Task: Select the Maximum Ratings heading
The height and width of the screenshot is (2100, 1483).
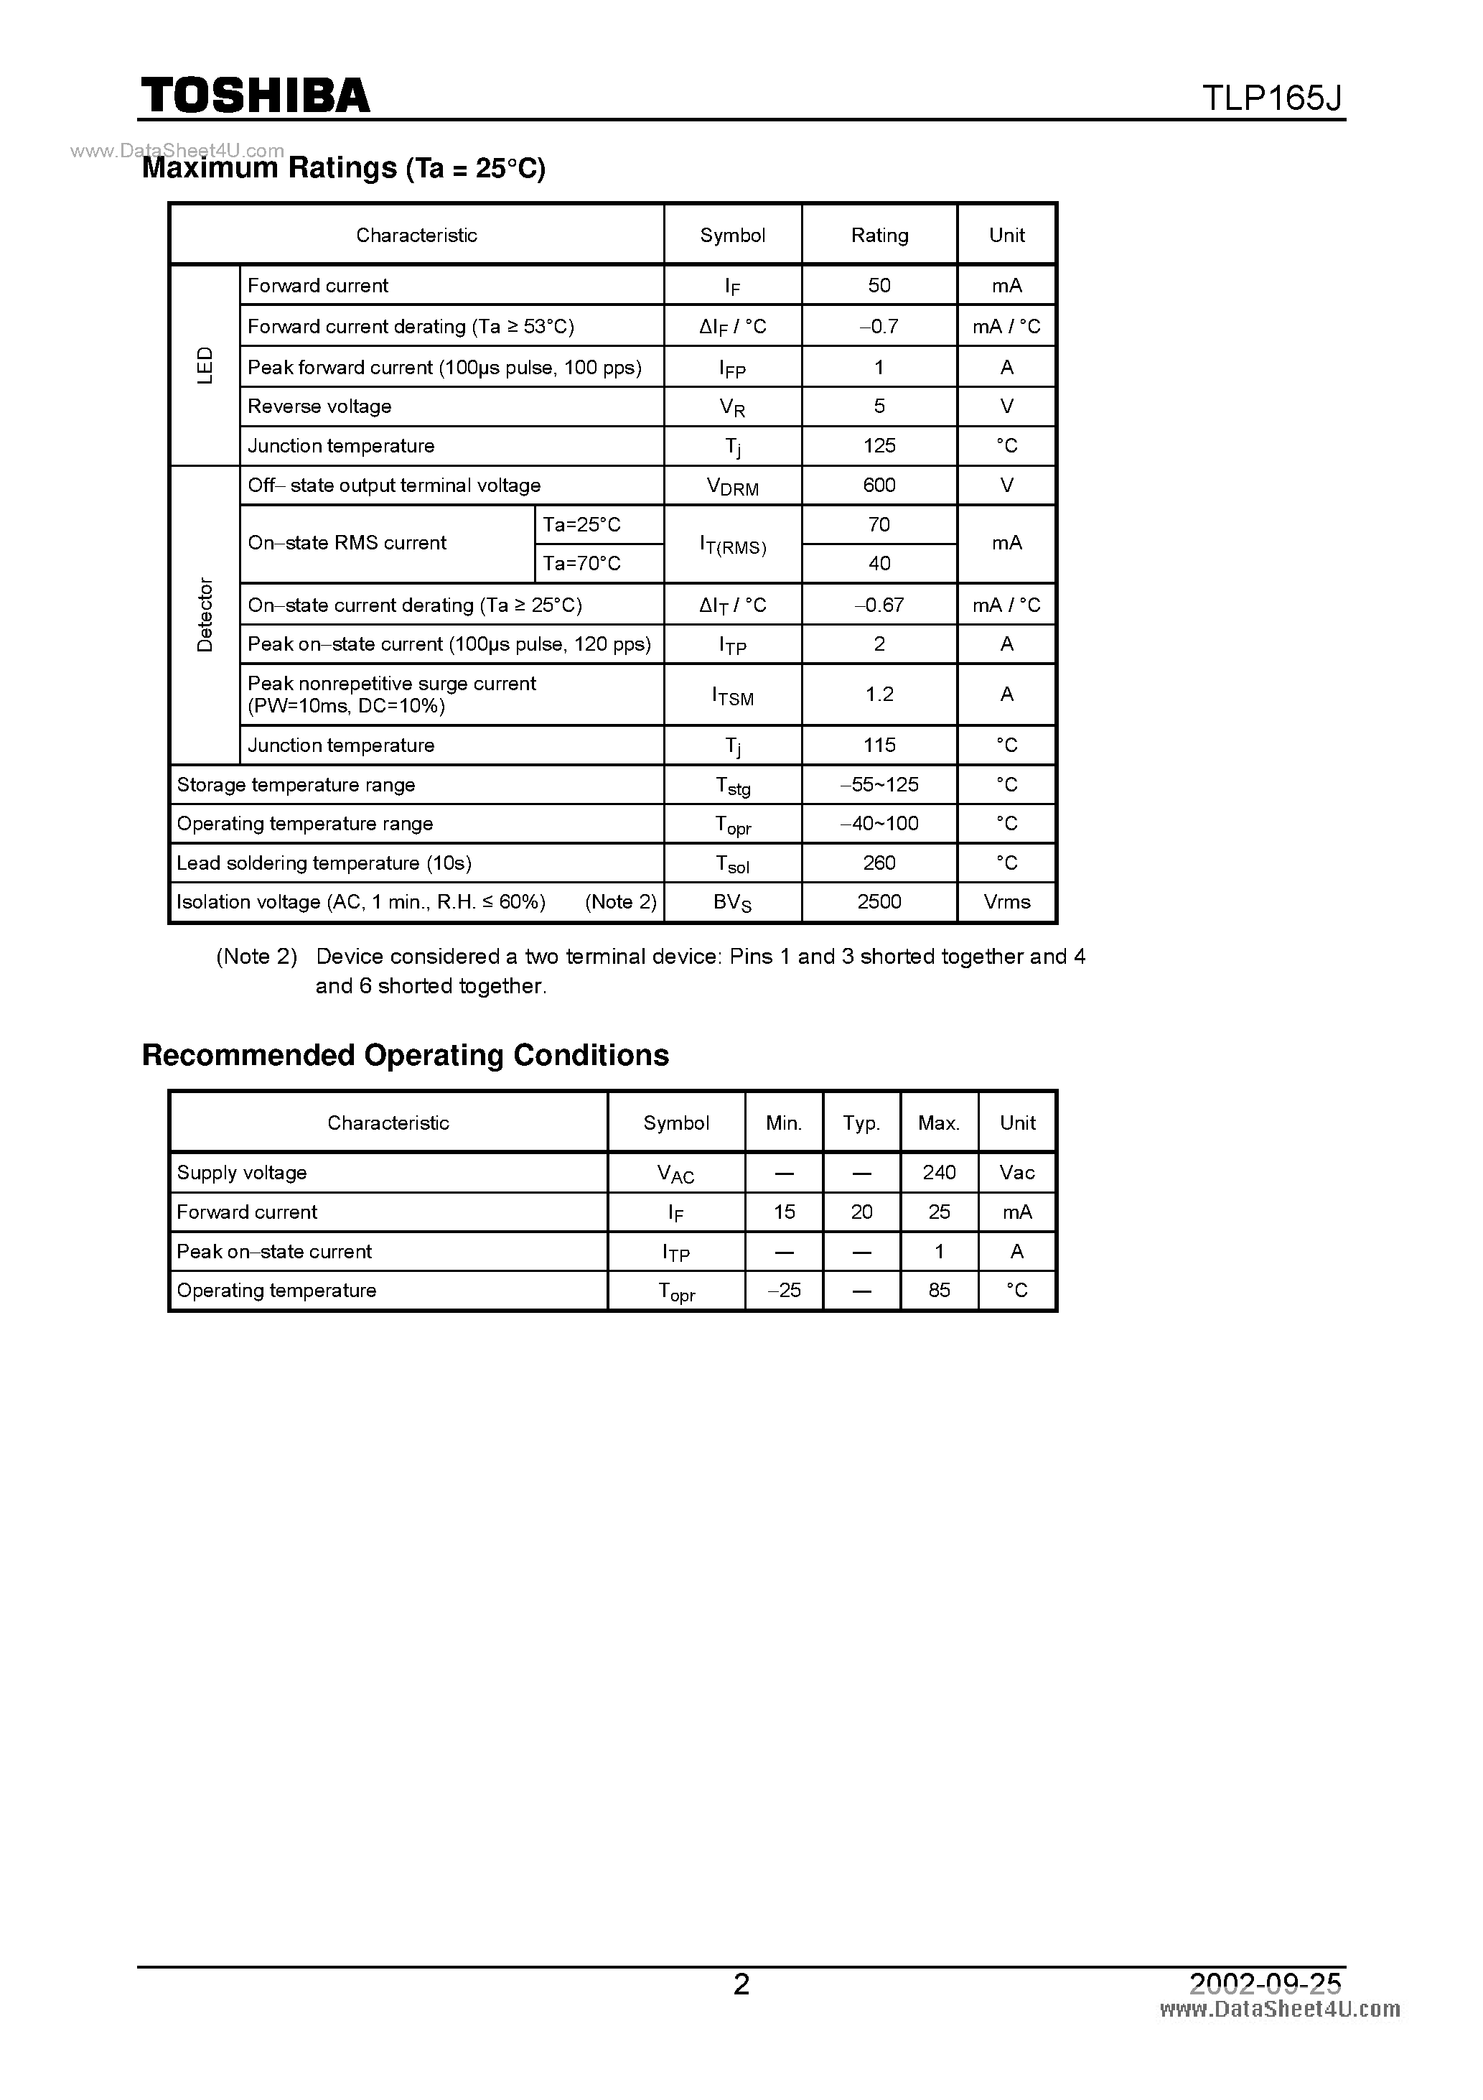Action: click(344, 168)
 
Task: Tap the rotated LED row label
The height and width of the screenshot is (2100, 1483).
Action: click(205, 365)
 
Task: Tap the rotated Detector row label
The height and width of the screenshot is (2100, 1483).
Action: click(205, 615)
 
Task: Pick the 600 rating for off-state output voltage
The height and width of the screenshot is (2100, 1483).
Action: click(879, 485)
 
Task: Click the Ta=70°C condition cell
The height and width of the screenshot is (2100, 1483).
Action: click(581, 563)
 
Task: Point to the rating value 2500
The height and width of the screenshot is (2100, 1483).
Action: click(879, 902)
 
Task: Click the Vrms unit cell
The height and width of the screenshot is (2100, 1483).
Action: click(1006, 902)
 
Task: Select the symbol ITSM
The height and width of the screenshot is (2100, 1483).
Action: click(732, 696)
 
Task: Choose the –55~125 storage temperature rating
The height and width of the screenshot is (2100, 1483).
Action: click(879, 785)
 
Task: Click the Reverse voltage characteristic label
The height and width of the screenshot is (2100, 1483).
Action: click(319, 406)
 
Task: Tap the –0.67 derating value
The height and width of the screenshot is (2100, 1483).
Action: click(879, 605)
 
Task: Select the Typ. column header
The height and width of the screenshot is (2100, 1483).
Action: click(861, 1123)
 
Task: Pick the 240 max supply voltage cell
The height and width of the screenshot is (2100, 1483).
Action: click(939, 1173)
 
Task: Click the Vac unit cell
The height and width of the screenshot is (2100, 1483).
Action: click(1016, 1173)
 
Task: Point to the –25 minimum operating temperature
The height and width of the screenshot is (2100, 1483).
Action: click(784, 1290)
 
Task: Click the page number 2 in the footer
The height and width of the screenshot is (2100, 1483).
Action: click(741, 1983)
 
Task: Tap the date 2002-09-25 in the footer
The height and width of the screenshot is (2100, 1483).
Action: click(1265, 1983)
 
